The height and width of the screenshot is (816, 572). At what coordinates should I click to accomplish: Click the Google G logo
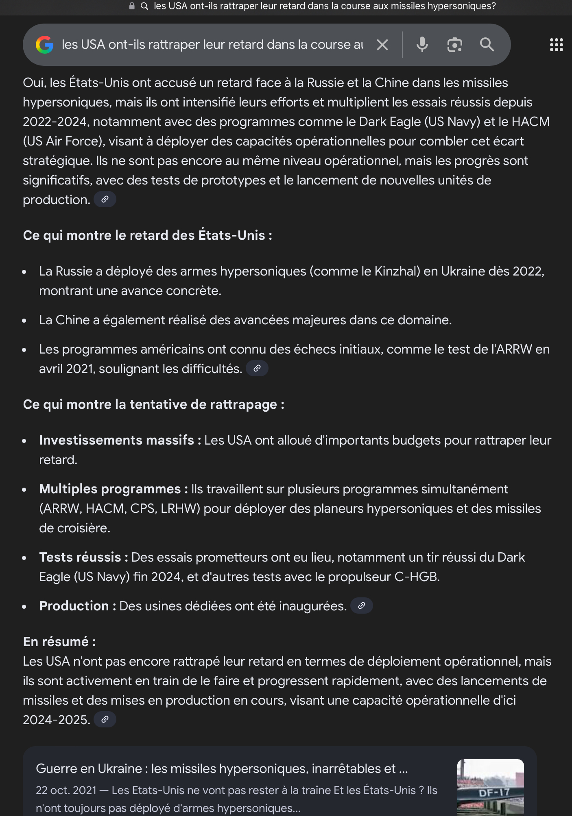click(45, 45)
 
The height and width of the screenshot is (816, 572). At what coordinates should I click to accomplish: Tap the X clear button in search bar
click(382, 45)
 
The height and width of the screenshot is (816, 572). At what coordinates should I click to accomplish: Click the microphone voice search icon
click(422, 45)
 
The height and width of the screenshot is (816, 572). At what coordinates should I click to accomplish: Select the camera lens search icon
click(454, 45)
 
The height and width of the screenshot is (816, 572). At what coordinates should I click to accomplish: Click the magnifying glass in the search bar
click(487, 45)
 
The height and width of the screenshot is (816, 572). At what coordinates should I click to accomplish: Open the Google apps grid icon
click(556, 45)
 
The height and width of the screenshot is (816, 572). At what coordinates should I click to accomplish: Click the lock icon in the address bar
click(132, 6)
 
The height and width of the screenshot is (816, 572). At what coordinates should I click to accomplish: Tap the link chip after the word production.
click(105, 200)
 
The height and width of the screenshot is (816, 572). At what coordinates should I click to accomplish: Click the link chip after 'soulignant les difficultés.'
click(257, 369)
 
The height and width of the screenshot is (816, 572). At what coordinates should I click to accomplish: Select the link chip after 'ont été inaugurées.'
click(362, 606)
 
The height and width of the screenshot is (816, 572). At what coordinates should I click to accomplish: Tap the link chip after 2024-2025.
click(105, 720)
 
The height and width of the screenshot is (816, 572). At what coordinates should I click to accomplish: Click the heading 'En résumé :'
click(59, 642)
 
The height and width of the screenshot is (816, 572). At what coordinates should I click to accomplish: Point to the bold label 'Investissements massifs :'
click(120, 440)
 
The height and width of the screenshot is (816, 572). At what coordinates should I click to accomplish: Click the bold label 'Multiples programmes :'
click(114, 489)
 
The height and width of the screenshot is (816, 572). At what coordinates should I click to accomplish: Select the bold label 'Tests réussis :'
click(83, 557)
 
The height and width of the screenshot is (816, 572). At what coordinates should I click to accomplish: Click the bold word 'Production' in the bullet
click(74, 606)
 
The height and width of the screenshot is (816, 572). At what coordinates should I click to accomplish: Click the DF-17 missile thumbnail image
click(490, 787)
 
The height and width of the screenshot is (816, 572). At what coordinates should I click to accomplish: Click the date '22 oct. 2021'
click(66, 790)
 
